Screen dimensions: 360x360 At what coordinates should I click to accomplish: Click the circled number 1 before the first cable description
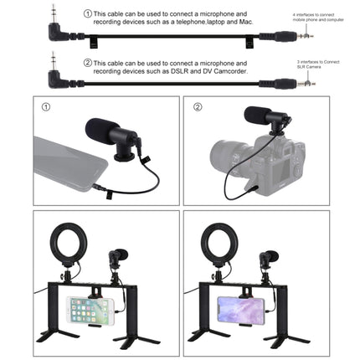click(87, 14)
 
